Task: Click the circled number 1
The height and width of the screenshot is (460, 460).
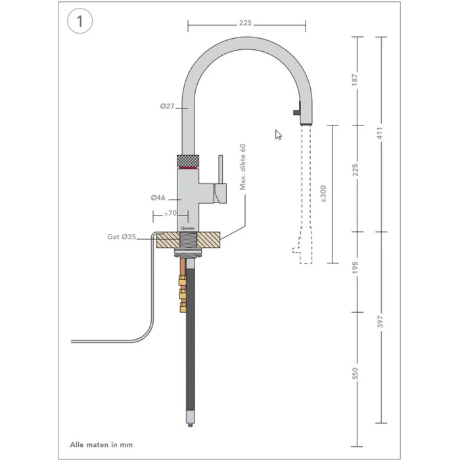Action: [x=80, y=20]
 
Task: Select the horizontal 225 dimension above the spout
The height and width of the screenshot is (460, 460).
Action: [x=246, y=22]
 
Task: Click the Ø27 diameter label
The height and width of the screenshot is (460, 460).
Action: [x=166, y=106]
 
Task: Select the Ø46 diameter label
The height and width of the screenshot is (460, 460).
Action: [x=157, y=196]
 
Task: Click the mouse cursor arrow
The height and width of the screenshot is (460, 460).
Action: [x=279, y=134]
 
